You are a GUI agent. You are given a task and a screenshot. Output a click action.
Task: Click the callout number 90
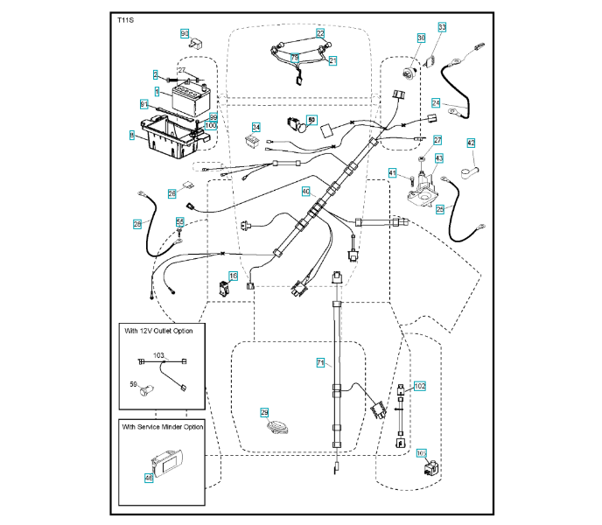click(185, 33)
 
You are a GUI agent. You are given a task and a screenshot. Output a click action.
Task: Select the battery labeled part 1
click(188, 98)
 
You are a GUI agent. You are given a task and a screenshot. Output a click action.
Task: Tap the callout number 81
click(144, 104)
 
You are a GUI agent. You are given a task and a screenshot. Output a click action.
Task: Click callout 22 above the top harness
click(320, 32)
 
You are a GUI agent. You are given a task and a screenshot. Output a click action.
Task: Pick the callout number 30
click(421, 38)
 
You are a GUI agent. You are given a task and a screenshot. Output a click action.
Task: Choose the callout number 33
click(442, 28)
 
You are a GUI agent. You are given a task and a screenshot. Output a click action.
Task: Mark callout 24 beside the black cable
click(435, 102)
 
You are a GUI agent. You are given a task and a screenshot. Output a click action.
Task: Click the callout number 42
click(471, 143)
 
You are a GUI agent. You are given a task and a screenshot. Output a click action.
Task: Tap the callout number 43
click(439, 157)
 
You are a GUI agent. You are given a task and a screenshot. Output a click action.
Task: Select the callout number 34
click(256, 127)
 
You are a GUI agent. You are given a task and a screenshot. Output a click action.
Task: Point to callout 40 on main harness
click(306, 191)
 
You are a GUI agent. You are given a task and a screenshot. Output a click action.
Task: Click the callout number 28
click(137, 224)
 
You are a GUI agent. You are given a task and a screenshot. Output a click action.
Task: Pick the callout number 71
click(320, 361)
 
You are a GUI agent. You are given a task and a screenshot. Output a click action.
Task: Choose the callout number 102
click(419, 385)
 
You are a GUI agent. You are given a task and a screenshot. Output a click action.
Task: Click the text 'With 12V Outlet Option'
click(158, 331)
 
